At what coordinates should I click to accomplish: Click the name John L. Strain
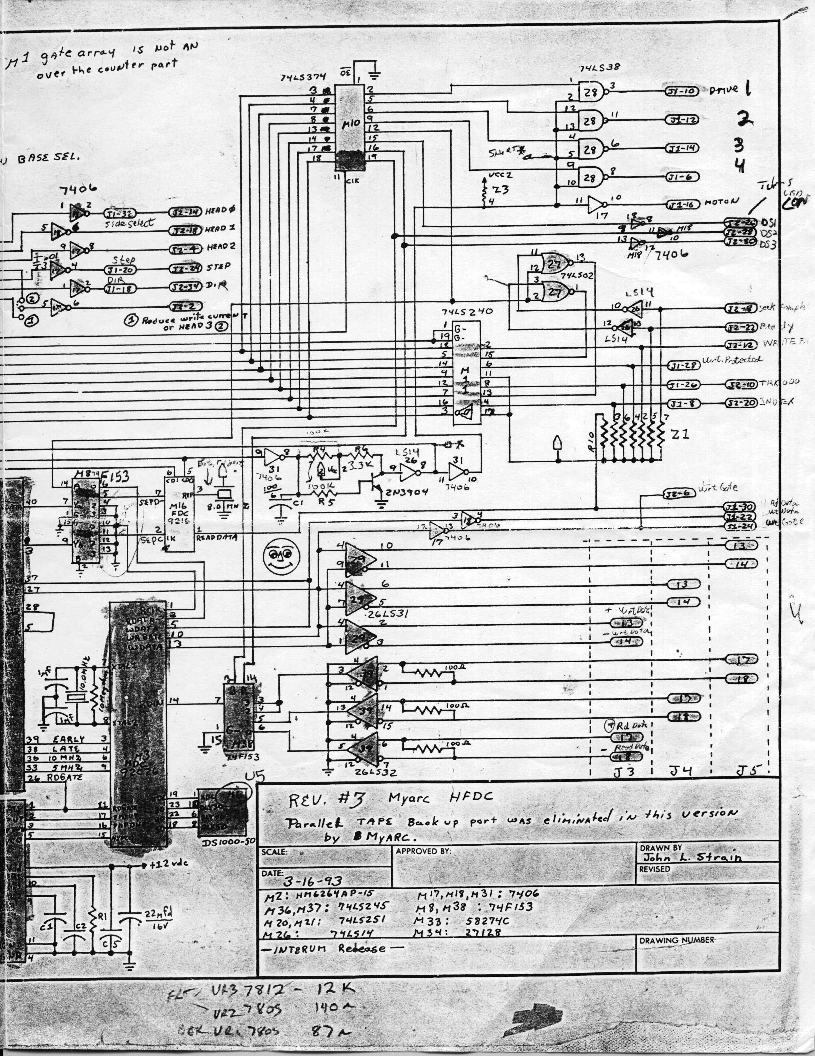click(691, 858)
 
